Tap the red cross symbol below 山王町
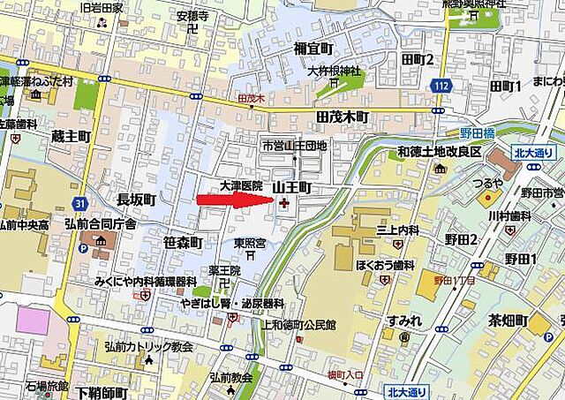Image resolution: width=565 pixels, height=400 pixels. click(x=282, y=204)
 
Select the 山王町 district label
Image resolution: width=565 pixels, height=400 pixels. click(x=291, y=187)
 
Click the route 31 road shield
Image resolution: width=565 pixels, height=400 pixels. click(x=80, y=204)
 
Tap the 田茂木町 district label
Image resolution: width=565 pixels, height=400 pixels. click(x=341, y=117)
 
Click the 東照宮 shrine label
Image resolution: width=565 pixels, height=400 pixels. click(x=250, y=242)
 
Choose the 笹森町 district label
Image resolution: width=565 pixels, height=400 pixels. click(x=183, y=242)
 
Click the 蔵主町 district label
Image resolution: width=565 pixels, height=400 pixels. click(x=71, y=136)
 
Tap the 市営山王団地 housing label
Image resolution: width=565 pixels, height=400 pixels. click(x=294, y=145)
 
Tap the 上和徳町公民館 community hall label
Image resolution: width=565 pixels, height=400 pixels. click(x=299, y=325)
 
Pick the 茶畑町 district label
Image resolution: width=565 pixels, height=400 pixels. click(x=508, y=320)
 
